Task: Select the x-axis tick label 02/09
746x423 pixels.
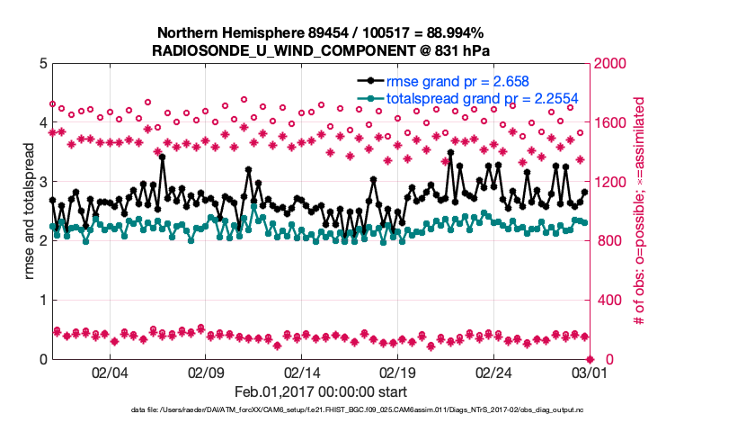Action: point(206,373)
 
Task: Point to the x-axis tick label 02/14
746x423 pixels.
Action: point(302,373)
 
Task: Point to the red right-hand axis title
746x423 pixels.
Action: point(640,211)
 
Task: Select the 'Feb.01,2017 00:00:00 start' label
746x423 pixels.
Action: point(320,392)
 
